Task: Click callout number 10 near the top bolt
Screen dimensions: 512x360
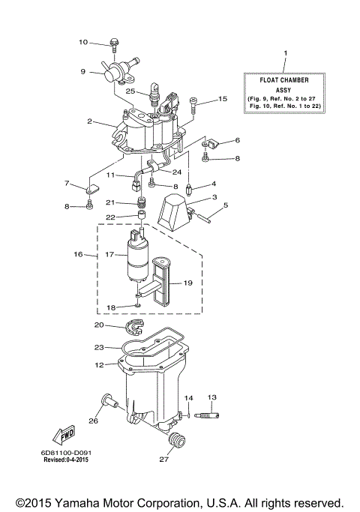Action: click(x=83, y=42)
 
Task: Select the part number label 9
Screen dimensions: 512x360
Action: click(x=84, y=72)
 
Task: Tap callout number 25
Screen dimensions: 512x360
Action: click(x=130, y=91)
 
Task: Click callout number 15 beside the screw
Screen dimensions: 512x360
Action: click(x=222, y=99)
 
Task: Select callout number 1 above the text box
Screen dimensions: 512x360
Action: click(x=284, y=53)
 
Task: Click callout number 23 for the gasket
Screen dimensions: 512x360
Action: click(x=100, y=346)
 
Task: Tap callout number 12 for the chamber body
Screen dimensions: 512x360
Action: click(x=100, y=365)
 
